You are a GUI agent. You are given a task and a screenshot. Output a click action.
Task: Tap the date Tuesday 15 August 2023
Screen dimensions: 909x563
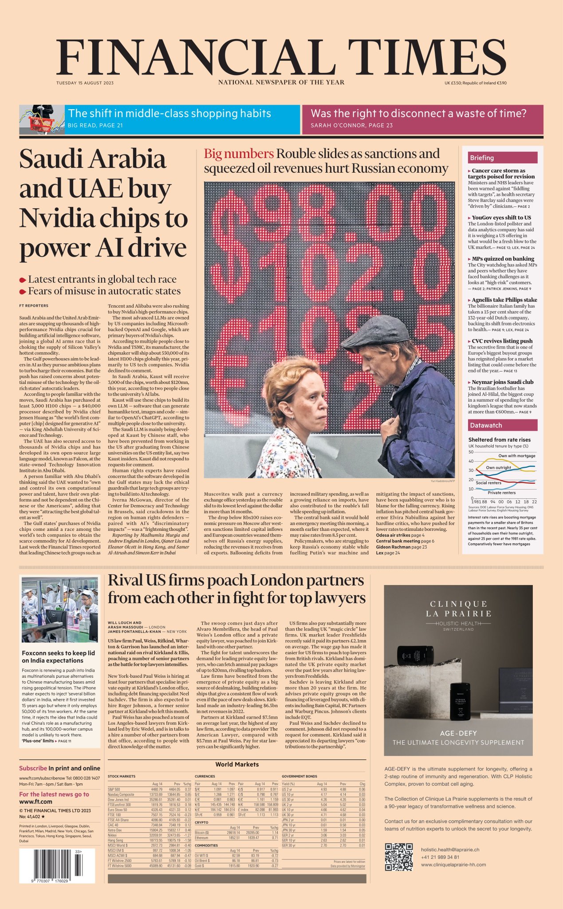pos(85,83)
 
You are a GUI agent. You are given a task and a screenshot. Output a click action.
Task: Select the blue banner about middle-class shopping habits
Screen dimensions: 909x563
pos(182,119)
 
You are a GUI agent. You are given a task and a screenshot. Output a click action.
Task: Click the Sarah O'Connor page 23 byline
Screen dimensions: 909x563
pos(351,125)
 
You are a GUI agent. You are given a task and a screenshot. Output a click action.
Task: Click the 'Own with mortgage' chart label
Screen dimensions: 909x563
pos(516,456)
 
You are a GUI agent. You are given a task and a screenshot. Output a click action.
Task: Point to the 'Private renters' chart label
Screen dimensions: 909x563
pos(501,492)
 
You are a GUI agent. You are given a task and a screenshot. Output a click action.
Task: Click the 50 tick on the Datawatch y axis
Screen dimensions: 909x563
pos(471,452)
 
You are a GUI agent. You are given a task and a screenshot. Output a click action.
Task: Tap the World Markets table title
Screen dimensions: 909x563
pos(237,764)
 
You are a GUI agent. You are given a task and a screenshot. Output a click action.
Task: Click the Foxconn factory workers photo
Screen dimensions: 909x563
pos(59,610)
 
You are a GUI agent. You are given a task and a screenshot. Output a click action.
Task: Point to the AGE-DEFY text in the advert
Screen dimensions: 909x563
pos(458,733)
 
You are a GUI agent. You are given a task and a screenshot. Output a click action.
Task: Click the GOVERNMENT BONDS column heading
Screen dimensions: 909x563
pos(299,776)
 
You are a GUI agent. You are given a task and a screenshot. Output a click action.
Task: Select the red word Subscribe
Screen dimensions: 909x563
pos(33,768)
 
